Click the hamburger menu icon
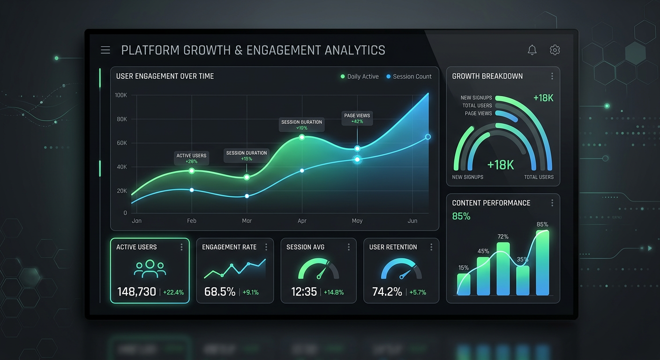pyautogui.click(x=105, y=50)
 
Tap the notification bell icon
pyautogui.click(x=532, y=50)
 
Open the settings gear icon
pyautogui.click(x=555, y=50)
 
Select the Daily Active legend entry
pyautogui.click(x=360, y=76)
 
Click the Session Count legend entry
pyautogui.click(x=409, y=76)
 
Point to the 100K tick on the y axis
pyautogui.click(x=121, y=95)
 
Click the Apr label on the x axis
pyautogui.click(x=302, y=221)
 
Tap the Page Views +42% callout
pyautogui.click(x=357, y=118)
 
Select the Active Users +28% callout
pyautogui.click(x=191, y=158)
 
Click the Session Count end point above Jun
pyautogui.click(x=428, y=137)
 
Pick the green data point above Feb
pyautogui.click(x=191, y=171)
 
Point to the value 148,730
pyautogui.click(x=136, y=292)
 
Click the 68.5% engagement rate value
pyautogui.click(x=220, y=292)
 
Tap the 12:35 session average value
pyautogui.click(x=304, y=292)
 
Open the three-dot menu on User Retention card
pyautogui.click(x=431, y=247)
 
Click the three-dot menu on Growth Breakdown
pyautogui.click(x=552, y=76)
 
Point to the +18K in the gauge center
pyautogui.click(x=501, y=165)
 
